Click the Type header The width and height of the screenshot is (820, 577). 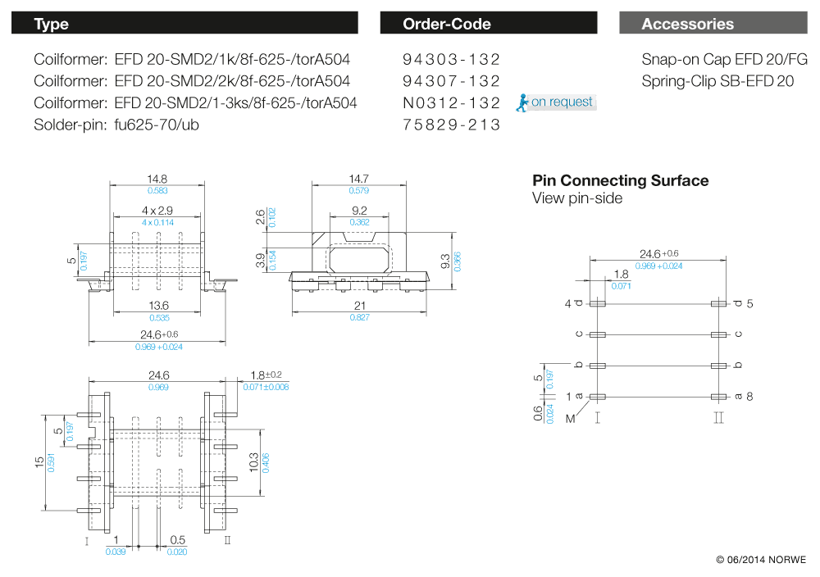point(51,24)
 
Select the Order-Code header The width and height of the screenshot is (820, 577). point(447,24)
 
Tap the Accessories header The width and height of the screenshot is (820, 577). point(687,24)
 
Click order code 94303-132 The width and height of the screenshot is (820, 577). point(451,59)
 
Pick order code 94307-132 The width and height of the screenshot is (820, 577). point(451,81)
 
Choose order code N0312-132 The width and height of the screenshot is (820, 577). point(451,103)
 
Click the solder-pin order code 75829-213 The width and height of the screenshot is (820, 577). point(451,125)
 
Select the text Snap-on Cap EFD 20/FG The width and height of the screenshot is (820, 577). point(724,59)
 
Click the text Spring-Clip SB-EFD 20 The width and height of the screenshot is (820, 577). point(717,81)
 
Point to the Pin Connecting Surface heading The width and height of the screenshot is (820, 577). point(620,180)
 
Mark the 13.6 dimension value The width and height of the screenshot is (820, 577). point(158,305)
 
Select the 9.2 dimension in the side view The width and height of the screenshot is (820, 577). point(360,211)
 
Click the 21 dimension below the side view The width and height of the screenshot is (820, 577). point(360,305)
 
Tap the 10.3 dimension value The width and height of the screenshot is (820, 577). point(253,461)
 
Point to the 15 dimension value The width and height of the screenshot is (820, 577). point(39,462)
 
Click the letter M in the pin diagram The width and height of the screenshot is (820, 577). point(569,418)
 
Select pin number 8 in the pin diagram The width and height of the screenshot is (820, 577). point(749,397)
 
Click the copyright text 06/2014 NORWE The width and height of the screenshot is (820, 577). point(761,560)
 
